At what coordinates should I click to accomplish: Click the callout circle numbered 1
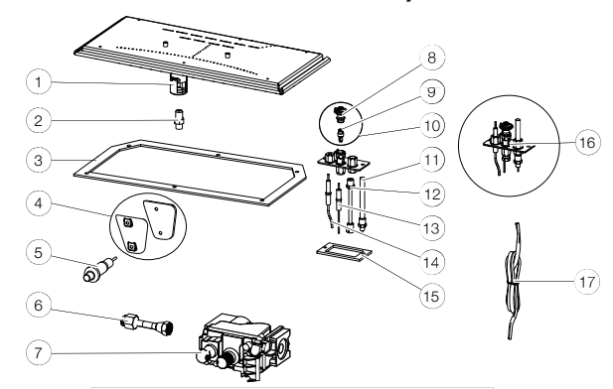pyautogui.click(x=39, y=82)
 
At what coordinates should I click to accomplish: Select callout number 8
pyautogui.click(x=431, y=58)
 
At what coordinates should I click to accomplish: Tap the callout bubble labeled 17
pyautogui.click(x=587, y=282)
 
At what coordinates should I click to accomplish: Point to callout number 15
pyautogui.click(x=431, y=296)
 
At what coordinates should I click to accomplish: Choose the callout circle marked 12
pyautogui.click(x=431, y=194)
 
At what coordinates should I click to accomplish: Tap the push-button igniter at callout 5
pyautogui.click(x=99, y=268)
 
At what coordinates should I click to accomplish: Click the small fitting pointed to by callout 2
pyautogui.click(x=180, y=119)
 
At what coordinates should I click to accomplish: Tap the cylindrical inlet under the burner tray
pyautogui.click(x=178, y=85)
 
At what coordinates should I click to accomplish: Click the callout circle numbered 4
pyautogui.click(x=39, y=203)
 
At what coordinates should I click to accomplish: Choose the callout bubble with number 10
pyautogui.click(x=431, y=126)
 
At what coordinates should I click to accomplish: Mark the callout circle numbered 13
pyautogui.click(x=431, y=228)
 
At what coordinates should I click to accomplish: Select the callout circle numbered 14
pyautogui.click(x=431, y=262)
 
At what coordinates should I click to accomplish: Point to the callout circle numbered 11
pyautogui.click(x=431, y=160)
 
